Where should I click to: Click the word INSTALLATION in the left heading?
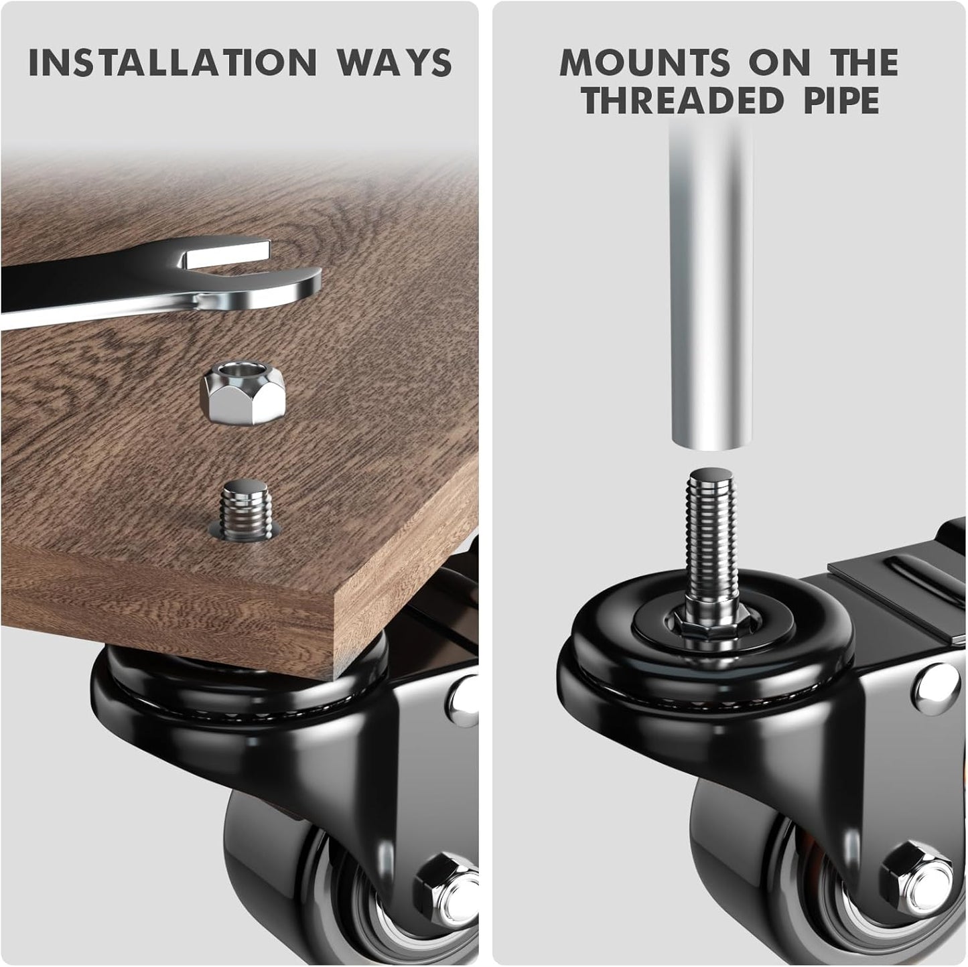172,63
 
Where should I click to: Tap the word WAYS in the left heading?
395,63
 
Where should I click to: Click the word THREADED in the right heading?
683,100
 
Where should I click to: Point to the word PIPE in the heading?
842,100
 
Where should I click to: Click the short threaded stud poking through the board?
245,508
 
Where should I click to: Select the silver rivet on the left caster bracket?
465,700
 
